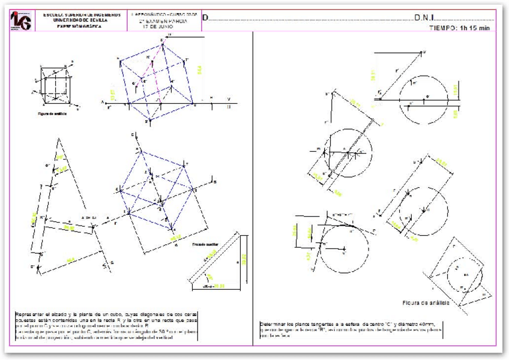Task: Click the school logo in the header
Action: point(22,20)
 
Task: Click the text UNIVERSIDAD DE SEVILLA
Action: point(81,20)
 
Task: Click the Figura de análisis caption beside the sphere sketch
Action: point(426,302)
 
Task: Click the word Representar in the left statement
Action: point(30,314)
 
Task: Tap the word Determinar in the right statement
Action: point(275,324)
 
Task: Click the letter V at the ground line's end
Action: point(228,98)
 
